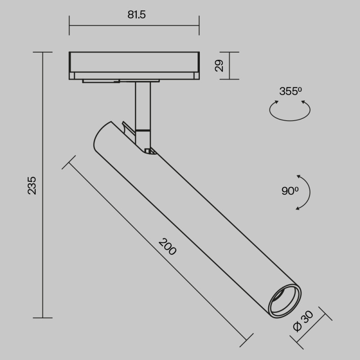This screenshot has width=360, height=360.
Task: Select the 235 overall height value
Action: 32,185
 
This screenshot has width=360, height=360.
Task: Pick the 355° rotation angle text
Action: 290,91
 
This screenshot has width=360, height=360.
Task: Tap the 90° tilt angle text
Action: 290,191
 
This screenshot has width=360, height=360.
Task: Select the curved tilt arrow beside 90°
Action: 304,192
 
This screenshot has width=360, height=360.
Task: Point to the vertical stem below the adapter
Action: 144,106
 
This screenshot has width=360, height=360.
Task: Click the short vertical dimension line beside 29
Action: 229,66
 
